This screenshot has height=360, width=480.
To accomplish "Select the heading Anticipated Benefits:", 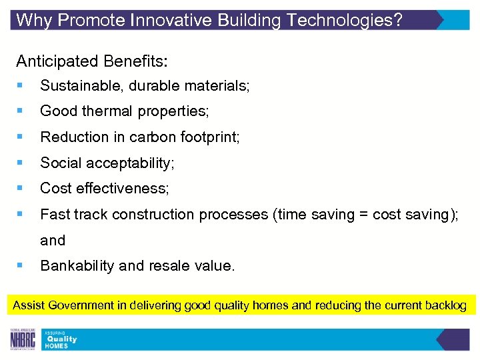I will click(x=92, y=61).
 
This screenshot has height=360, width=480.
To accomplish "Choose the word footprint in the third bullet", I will click(x=211, y=137).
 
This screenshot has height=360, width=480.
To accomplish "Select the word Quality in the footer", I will click(x=61, y=339).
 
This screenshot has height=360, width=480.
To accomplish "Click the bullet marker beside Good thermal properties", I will click(x=22, y=111).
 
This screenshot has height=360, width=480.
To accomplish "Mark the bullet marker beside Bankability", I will click(x=22, y=266).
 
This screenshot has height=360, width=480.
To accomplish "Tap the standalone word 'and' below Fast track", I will click(x=53, y=241).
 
